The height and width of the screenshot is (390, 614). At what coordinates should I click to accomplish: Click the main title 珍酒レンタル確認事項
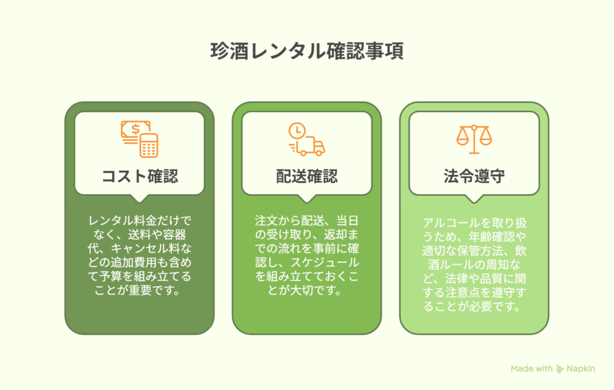[x=307, y=51]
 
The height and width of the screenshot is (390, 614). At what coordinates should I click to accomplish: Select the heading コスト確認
[x=140, y=176]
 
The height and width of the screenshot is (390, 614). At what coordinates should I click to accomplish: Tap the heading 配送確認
[x=307, y=176]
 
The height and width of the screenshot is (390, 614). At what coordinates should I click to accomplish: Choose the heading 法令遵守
[x=474, y=176]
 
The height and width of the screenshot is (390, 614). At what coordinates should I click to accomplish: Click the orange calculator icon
[x=149, y=146]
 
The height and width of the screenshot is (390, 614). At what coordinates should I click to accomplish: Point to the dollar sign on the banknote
[x=136, y=129]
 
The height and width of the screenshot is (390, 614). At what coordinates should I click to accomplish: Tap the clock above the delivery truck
[x=297, y=131]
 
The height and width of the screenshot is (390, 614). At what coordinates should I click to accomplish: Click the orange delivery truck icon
[x=309, y=146]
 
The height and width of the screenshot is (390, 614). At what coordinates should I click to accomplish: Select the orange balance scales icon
[x=474, y=139]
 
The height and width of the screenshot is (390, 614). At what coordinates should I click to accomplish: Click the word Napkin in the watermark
[x=580, y=368]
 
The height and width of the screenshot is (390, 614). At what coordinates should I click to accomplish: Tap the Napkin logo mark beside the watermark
[x=560, y=369]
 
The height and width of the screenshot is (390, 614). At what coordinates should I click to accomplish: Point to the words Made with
[x=531, y=368]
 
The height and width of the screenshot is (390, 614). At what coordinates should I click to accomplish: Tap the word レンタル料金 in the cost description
[x=117, y=220]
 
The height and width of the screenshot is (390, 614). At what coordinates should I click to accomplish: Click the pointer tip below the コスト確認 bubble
[x=139, y=202]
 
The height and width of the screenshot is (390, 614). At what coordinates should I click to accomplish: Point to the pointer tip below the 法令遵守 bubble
[x=474, y=202]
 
